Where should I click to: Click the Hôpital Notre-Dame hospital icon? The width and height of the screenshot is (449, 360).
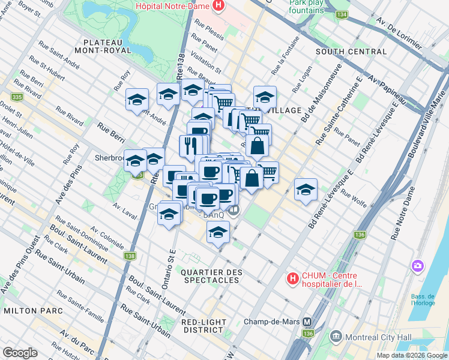coord(218,7)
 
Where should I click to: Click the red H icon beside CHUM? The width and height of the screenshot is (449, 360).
coord(292,278)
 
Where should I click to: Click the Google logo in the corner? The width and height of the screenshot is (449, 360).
coord(20,352)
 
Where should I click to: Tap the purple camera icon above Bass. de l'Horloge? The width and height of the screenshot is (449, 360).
coord(417,265)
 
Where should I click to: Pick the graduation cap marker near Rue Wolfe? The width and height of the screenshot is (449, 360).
coord(306,189)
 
